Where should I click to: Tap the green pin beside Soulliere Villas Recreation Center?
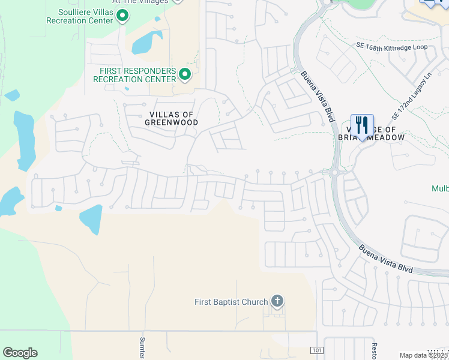(122, 16)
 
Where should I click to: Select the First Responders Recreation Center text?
(137, 75)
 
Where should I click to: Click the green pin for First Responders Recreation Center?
(185, 74)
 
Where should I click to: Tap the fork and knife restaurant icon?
(362, 126)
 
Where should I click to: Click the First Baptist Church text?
(231, 302)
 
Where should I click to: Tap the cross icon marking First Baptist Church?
(277, 301)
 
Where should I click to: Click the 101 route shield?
(316, 350)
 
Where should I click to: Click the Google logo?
(20, 352)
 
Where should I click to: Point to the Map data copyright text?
(423, 355)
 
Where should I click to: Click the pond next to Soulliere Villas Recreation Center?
(146, 42)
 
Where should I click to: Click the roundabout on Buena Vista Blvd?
(334, 173)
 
